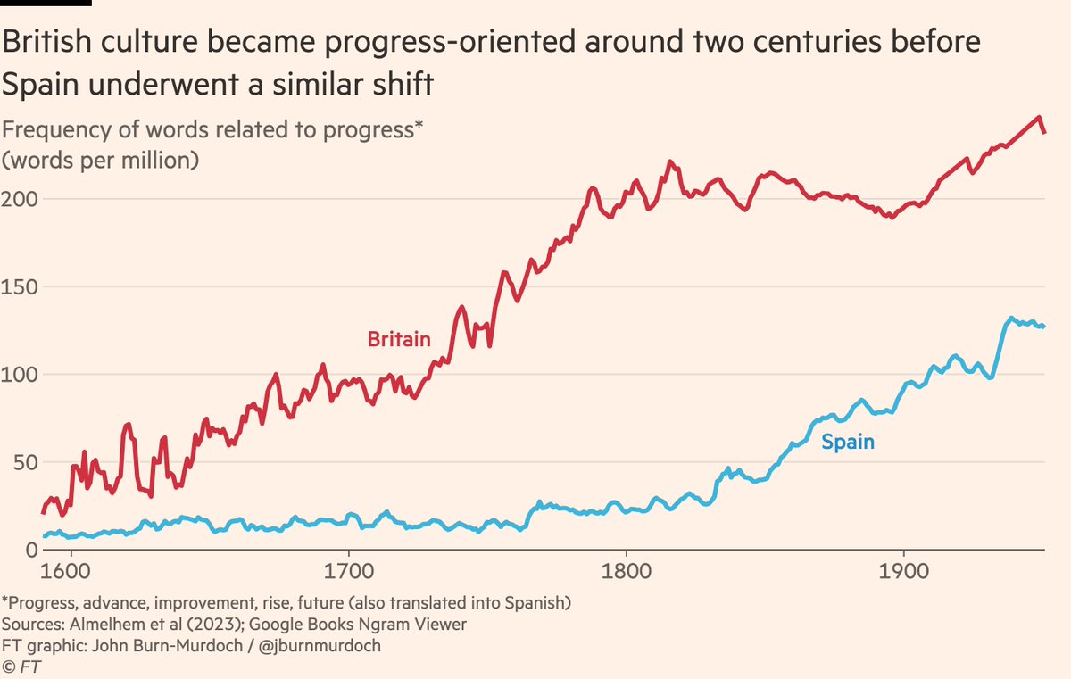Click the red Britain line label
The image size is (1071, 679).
[x=399, y=339]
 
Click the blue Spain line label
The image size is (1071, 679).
[x=847, y=442]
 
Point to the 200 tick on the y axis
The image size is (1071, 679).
[x=19, y=198]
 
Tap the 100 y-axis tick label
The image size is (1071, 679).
[x=19, y=375]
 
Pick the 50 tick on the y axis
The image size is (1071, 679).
[x=13, y=462]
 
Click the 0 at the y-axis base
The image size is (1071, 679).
[x=9, y=551]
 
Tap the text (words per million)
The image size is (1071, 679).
[x=100, y=161]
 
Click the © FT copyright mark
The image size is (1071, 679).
[x=21, y=665]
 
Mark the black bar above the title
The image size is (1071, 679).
[x=45, y=3]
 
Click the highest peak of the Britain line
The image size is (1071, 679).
[x=1038, y=117]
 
